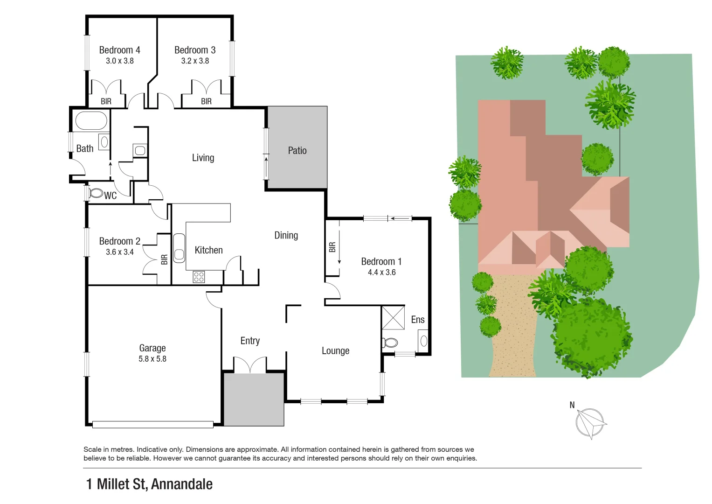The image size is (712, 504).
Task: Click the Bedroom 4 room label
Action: click(119, 50)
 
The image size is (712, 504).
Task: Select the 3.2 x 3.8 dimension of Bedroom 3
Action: click(195, 61)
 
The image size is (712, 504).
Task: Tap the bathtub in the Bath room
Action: click(91, 120)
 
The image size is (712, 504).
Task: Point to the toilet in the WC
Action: click(97, 193)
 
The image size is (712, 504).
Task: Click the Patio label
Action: click(297, 150)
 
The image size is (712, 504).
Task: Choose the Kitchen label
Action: click(208, 250)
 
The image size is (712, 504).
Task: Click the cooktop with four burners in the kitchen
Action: click(199, 277)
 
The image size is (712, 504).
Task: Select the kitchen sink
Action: click(179, 248)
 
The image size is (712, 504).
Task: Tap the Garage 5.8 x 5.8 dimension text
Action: click(152, 359)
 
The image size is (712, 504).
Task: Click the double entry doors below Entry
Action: click(250, 365)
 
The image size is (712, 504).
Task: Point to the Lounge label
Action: click(335, 351)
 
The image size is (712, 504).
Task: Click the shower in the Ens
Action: click(393, 318)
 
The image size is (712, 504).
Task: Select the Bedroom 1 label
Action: click(381, 262)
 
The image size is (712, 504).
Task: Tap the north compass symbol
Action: click(590, 423)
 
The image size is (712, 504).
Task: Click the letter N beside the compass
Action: click(572, 405)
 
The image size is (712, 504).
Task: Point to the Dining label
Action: click(286, 236)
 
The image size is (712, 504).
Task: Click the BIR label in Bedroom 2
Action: click(164, 260)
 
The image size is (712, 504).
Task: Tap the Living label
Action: click(203, 158)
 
